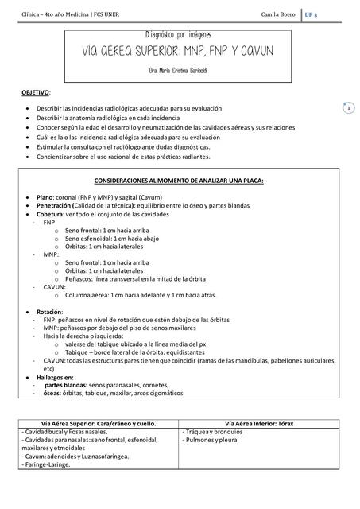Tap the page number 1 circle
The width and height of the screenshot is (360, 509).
point(348,107)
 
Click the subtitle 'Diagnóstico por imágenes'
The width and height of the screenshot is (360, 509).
point(178,36)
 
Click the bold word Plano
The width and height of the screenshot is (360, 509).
point(45,196)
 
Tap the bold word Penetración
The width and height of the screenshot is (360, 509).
point(55,204)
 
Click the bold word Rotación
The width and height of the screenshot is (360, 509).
point(49,311)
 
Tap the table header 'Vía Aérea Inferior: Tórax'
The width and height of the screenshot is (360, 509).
point(260,423)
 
